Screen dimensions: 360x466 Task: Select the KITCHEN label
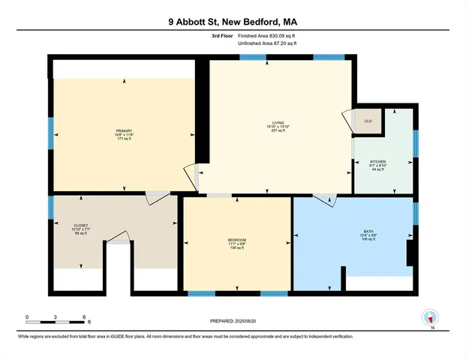tap(377, 161)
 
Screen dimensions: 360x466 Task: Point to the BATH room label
tap(368, 232)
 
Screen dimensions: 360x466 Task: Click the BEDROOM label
tap(237, 239)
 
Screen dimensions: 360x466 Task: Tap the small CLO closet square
tap(368, 121)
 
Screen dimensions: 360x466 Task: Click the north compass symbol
tap(431, 318)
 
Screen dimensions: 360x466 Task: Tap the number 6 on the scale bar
tap(83, 316)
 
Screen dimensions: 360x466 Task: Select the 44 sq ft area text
tap(377, 170)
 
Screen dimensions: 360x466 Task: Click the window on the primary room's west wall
tap(51, 133)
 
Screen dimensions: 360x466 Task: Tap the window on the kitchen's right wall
tap(414, 143)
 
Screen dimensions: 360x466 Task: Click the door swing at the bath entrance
tap(325, 199)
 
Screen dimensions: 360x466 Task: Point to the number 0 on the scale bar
tap(26, 316)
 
